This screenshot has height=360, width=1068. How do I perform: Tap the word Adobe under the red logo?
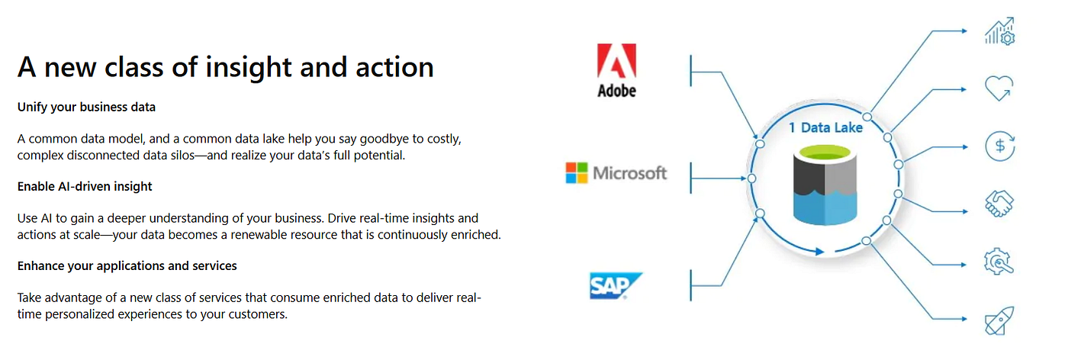click(x=616, y=91)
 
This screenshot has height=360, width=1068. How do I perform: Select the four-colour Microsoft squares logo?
click(x=577, y=173)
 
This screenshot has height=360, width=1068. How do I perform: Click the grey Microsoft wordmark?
click(x=630, y=173)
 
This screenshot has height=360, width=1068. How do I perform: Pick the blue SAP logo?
click(x=616, y=286)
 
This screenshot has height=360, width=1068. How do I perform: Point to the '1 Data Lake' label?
click(x=825, y=127)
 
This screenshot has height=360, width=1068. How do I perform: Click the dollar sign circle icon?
click(x=999, y=146)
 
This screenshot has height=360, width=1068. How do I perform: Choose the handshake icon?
click(x=999, y=203)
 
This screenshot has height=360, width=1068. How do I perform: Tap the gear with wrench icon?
click(x=999, y=262)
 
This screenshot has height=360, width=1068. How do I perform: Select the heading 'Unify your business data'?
click(x=86, y=108)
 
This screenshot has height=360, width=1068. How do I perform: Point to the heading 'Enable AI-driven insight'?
click(x=85, y=186)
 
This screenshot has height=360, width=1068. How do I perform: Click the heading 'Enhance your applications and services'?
click(x=127, y=265)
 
